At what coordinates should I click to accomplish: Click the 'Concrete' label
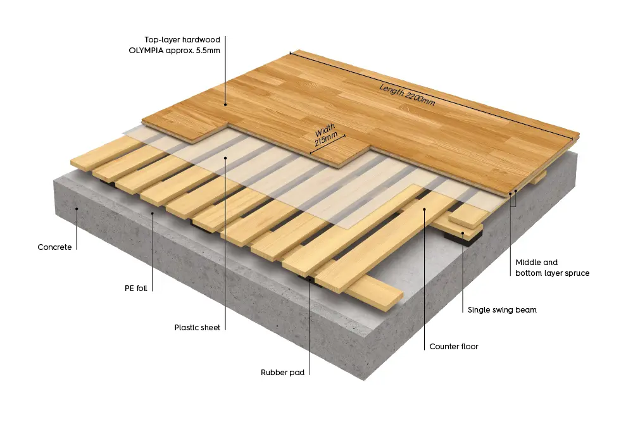[x=54, y=247]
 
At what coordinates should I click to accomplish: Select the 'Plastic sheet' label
[x=197, y=328]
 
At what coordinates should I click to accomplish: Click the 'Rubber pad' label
[x=283, y=373]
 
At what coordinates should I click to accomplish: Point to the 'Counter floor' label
[x=453, y=347]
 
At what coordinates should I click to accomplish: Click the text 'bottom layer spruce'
[x=552, y=273]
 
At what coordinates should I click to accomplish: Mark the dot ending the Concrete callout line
[x=77, y=208]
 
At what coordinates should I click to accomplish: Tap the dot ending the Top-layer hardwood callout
[x=225, y=105]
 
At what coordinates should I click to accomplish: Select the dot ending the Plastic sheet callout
[x=225, y=156]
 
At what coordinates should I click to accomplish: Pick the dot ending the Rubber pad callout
[x=310, y=278]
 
